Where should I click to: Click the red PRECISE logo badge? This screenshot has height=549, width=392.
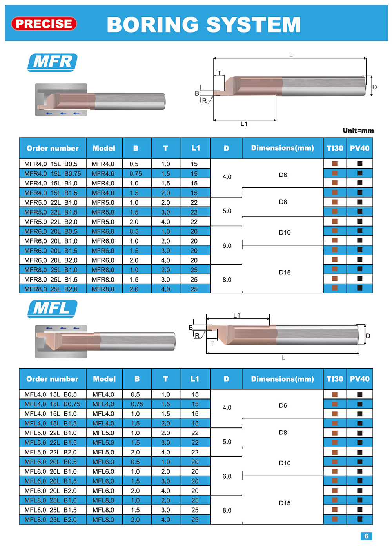tap(44, 24)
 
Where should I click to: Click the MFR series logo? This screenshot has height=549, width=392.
tap(53, 62)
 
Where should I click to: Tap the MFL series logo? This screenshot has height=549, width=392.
tap(53, 309)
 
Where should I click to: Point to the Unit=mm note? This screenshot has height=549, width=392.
tap(358, 130)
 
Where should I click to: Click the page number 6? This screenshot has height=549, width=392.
tap(366, 536)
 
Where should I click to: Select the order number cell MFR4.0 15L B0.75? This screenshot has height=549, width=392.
tap(53, 173)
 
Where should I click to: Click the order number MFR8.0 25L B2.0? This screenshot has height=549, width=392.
tap(51, 289)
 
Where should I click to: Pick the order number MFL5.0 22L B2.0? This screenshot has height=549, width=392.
tap(51, 452)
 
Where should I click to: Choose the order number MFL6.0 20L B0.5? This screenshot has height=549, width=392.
tap(51, 462)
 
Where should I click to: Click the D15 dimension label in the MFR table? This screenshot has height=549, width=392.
tap(285, 272)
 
